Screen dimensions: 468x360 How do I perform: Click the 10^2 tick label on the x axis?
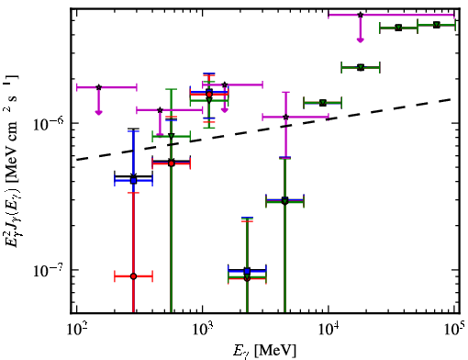pos(76,329)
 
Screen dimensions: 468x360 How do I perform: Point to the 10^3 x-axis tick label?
pos(202,329)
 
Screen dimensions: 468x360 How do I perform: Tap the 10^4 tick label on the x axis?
pos(329,329)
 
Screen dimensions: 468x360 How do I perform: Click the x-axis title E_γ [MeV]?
pos(264,351)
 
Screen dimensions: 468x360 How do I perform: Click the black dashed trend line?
pos(264,129)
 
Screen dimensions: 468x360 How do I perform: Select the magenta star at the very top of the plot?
pos(361,15)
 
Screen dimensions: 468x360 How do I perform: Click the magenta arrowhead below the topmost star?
pos(361,40)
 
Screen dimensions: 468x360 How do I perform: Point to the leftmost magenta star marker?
pos(98,87)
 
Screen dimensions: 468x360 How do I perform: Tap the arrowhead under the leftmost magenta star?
pos(98,113)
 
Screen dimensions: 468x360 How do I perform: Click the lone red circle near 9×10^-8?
pos(133,276)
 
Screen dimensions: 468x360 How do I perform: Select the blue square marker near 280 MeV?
pos(133,181)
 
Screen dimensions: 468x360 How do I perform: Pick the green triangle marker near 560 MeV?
pos(172,136)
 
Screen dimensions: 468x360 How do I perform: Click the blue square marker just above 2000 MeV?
pos(247,271)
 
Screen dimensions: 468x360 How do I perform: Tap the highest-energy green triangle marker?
pos(437,25)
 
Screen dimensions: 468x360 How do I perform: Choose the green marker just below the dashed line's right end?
pos(323,103)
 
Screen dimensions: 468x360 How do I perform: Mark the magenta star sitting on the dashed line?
pos(285,117)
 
